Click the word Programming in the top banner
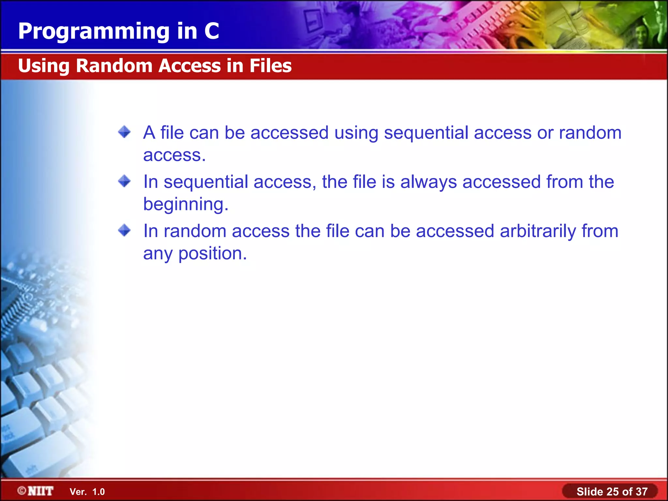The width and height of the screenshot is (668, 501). click(94, 32)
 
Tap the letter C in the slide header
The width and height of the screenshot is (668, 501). click(212, 31)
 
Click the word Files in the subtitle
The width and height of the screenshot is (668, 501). click(270, 66)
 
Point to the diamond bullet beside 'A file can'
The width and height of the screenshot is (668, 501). click(124, 132)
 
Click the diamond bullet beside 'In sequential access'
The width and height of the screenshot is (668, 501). click(124, 181)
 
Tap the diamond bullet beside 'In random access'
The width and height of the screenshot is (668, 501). click(124, 230)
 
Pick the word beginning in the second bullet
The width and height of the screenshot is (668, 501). click(186, 205)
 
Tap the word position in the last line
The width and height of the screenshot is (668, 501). click(212, 254)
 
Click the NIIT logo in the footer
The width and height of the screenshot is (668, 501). click(40, 491)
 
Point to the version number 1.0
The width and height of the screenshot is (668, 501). click(99, 492)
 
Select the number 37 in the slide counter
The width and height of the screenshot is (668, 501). click(642, 492)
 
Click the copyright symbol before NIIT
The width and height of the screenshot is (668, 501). click(22, 491)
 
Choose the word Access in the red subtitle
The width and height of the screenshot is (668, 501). click(190, 66)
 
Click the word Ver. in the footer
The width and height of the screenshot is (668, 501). click(78, 492)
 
